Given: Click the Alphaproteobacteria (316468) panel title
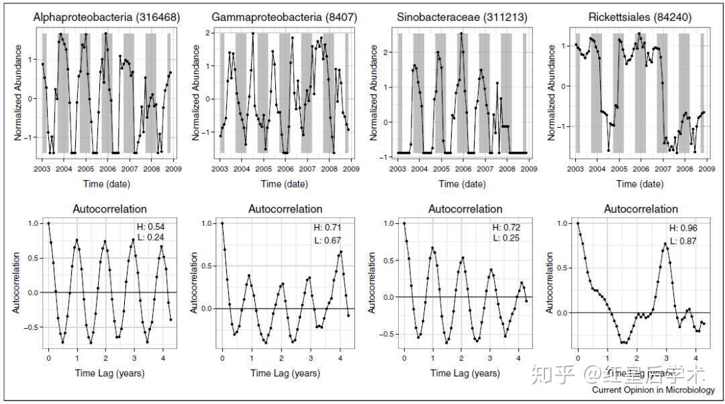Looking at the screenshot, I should [x=107, y=17].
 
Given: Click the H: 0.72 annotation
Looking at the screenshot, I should [x=506, y=227].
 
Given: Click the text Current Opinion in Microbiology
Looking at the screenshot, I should [x=653, y=390].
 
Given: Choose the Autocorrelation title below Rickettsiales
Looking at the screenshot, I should [x=641, y=209].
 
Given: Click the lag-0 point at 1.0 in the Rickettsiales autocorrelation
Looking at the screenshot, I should [x=578, y=223].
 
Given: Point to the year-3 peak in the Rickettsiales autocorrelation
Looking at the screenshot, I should [x=665, y=243].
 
